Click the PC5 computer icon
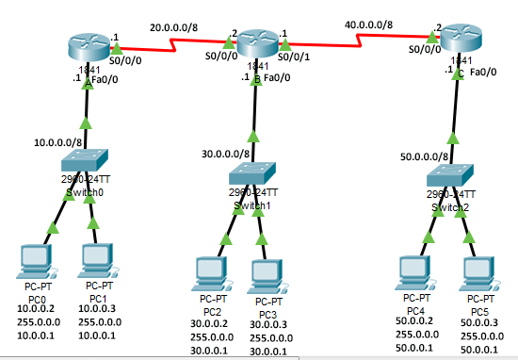tap(478, 270)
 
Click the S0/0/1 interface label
tap(301, 56)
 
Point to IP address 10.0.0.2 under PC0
tap(37, 308)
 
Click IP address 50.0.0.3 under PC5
tap(479, 322)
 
